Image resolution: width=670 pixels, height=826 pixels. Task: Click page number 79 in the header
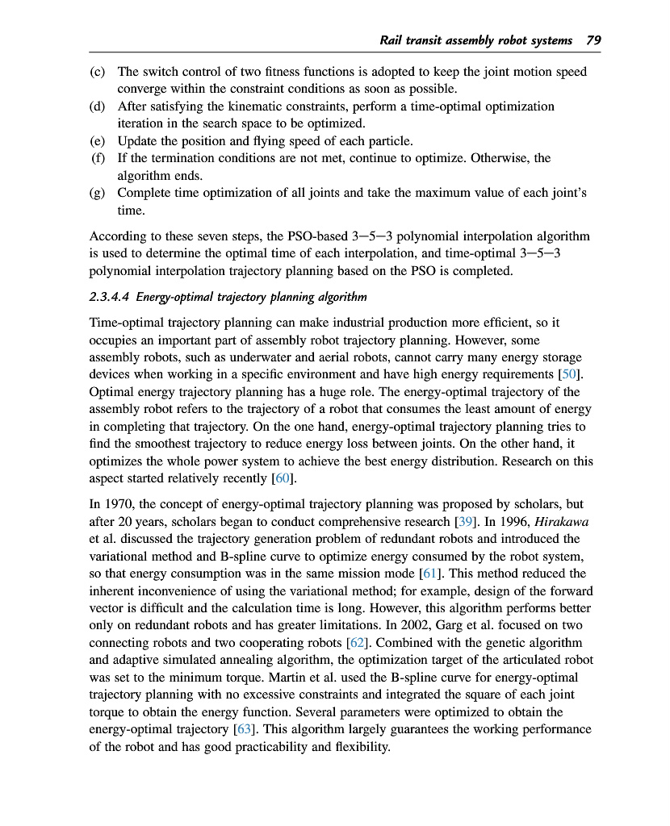(x=593, y=40)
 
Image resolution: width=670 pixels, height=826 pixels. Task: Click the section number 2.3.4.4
(x=115, y=296)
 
